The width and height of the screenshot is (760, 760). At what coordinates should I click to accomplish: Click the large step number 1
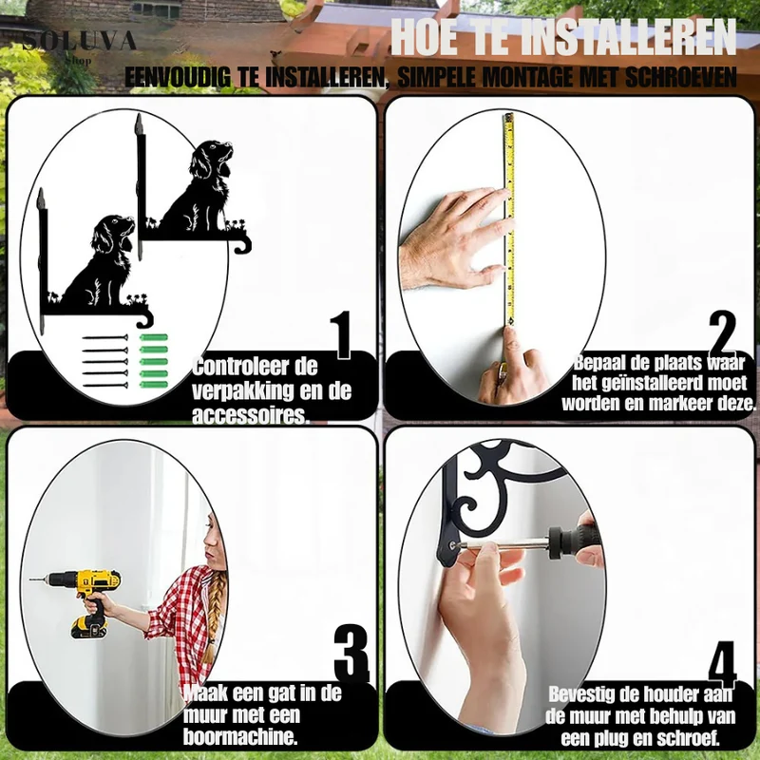pos(343,335)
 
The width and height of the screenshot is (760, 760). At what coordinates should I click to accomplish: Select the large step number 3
pos(351,652)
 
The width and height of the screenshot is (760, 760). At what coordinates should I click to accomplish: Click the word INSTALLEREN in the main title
pos(630,37)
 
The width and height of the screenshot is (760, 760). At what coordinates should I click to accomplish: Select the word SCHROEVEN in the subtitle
pos(680,77)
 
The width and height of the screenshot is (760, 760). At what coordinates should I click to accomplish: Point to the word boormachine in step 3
pos(240,737)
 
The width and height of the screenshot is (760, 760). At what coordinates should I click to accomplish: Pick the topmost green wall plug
pos(154,337)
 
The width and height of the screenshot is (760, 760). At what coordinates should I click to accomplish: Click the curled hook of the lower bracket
pos(144,320)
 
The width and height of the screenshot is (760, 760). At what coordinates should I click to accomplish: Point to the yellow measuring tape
pos(509,219)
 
